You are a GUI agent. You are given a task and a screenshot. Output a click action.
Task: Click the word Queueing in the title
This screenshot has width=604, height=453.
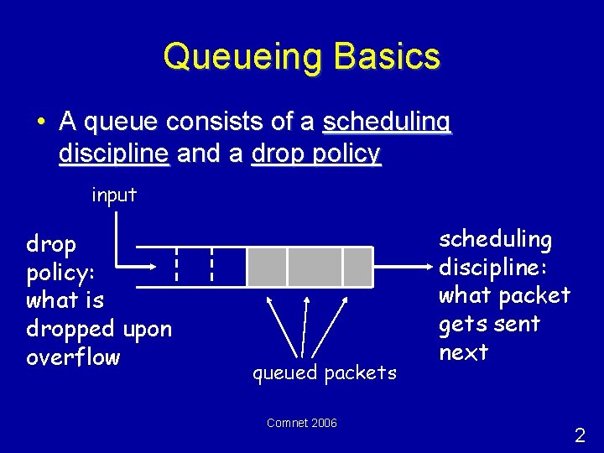click(x=242, y=57)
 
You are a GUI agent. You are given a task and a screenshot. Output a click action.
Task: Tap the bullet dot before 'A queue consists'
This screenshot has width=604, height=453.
click(x=40, y=122)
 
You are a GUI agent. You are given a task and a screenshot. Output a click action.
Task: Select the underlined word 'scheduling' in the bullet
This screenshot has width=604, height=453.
click(x=387, y=122)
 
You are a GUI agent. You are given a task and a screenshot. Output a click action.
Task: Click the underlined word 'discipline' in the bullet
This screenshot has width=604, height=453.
click(x=115, y=154)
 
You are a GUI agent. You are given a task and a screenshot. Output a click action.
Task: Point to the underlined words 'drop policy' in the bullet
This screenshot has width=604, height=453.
click(x=317, y=154)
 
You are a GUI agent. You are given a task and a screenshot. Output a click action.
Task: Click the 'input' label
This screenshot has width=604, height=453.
click(x=114, y=195)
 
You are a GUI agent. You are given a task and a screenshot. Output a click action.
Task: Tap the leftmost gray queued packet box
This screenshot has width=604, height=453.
click(x=266, y=267)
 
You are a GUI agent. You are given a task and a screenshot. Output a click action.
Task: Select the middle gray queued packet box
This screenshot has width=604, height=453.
click(x=315, y=267)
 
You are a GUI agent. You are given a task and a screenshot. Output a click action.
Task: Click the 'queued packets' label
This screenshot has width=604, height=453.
click(x=325, y=372)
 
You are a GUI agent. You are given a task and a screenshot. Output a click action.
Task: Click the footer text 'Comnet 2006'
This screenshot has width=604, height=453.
click(x=301, y=423)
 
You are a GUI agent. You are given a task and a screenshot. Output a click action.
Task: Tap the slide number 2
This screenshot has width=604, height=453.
click(x=580, y=435)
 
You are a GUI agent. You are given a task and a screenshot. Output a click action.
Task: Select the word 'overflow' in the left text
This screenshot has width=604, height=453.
click(x=74, y=357)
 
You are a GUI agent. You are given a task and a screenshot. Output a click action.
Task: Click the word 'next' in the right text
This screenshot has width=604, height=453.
click(x=463, y=352)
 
